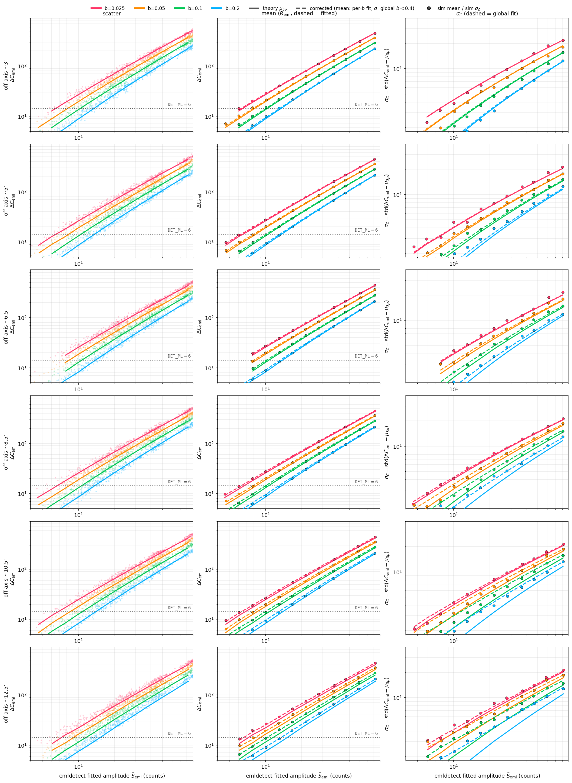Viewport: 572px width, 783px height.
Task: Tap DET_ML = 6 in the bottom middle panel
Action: tap(366, 733)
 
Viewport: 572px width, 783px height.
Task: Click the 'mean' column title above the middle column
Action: tap(299, 14)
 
